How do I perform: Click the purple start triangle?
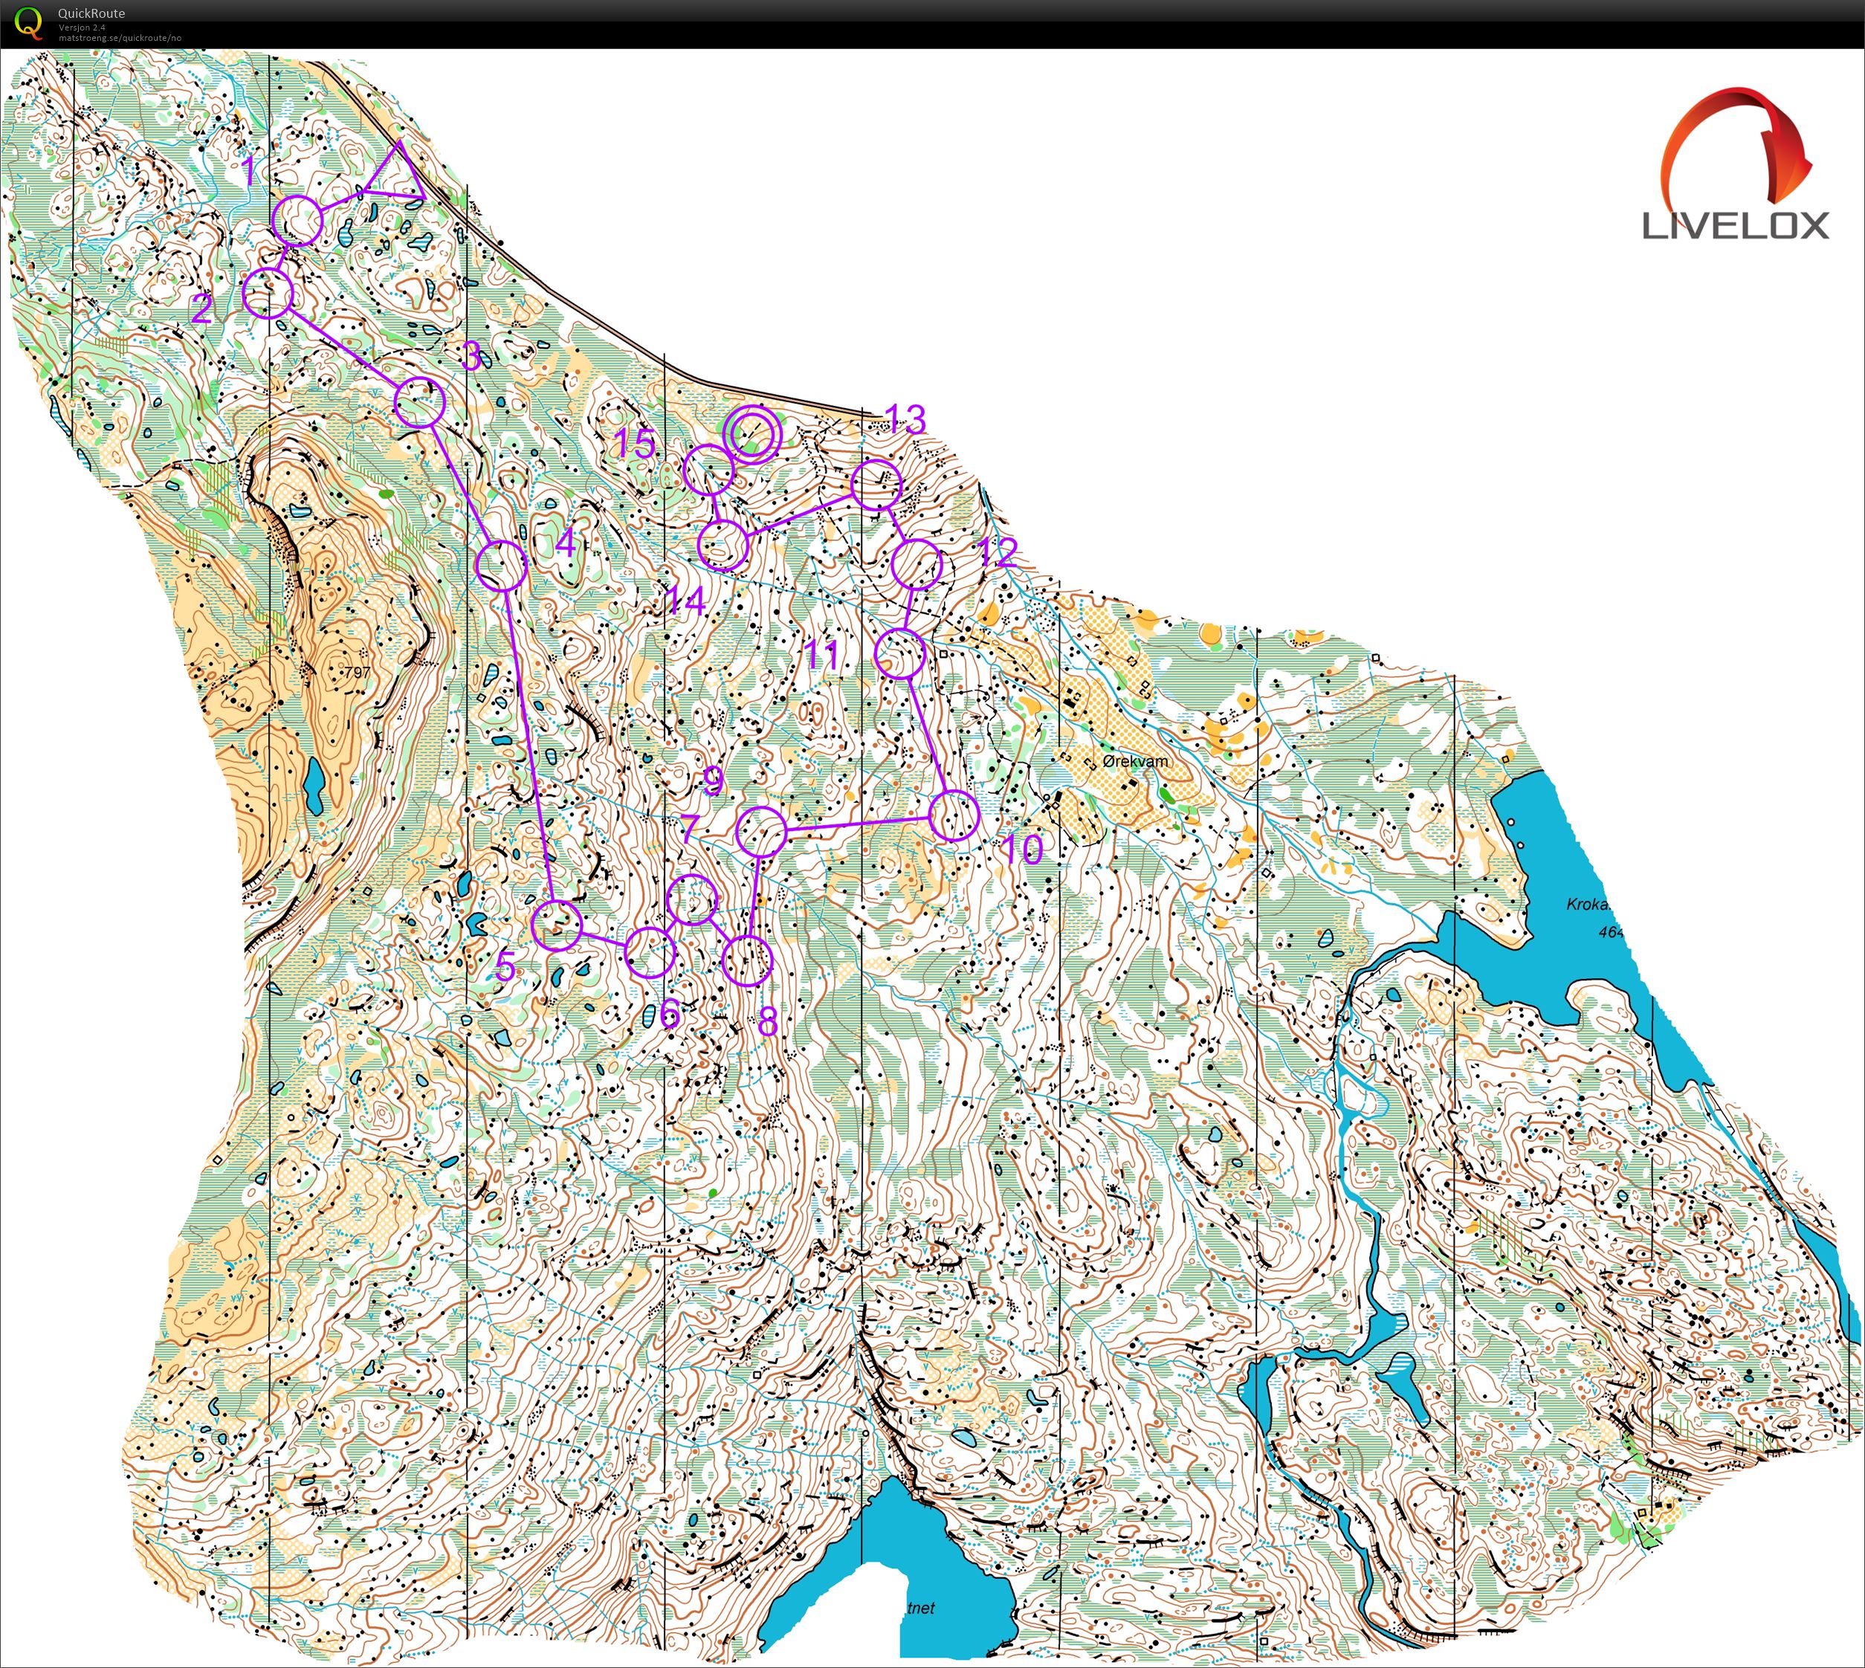tap(397, 177)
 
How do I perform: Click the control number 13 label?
tap(905, 418)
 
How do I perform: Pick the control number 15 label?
tap(634, 444)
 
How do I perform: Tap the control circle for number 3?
tap(420, 401)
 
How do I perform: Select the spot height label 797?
tap(357, 673)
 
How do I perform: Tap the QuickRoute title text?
tap(91, 13)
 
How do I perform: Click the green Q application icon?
tap(29, 22)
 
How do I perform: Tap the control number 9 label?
tap(713, 780)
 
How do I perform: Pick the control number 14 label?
tap(685, 601)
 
